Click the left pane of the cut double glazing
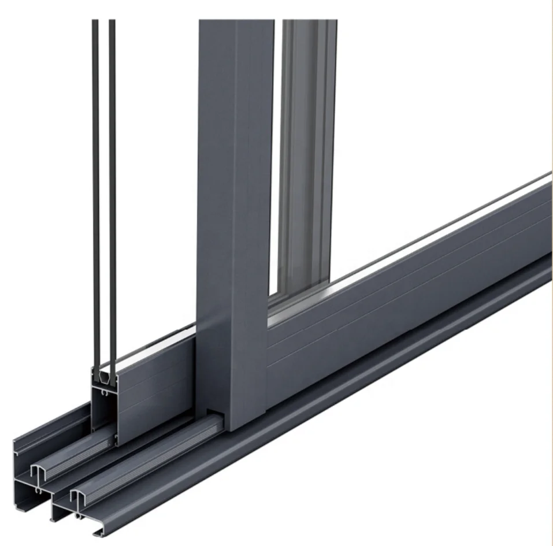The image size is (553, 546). tap(95, 173)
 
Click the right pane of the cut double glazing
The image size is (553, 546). tap(112, 173)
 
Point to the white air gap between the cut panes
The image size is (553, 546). tap(103, 173)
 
